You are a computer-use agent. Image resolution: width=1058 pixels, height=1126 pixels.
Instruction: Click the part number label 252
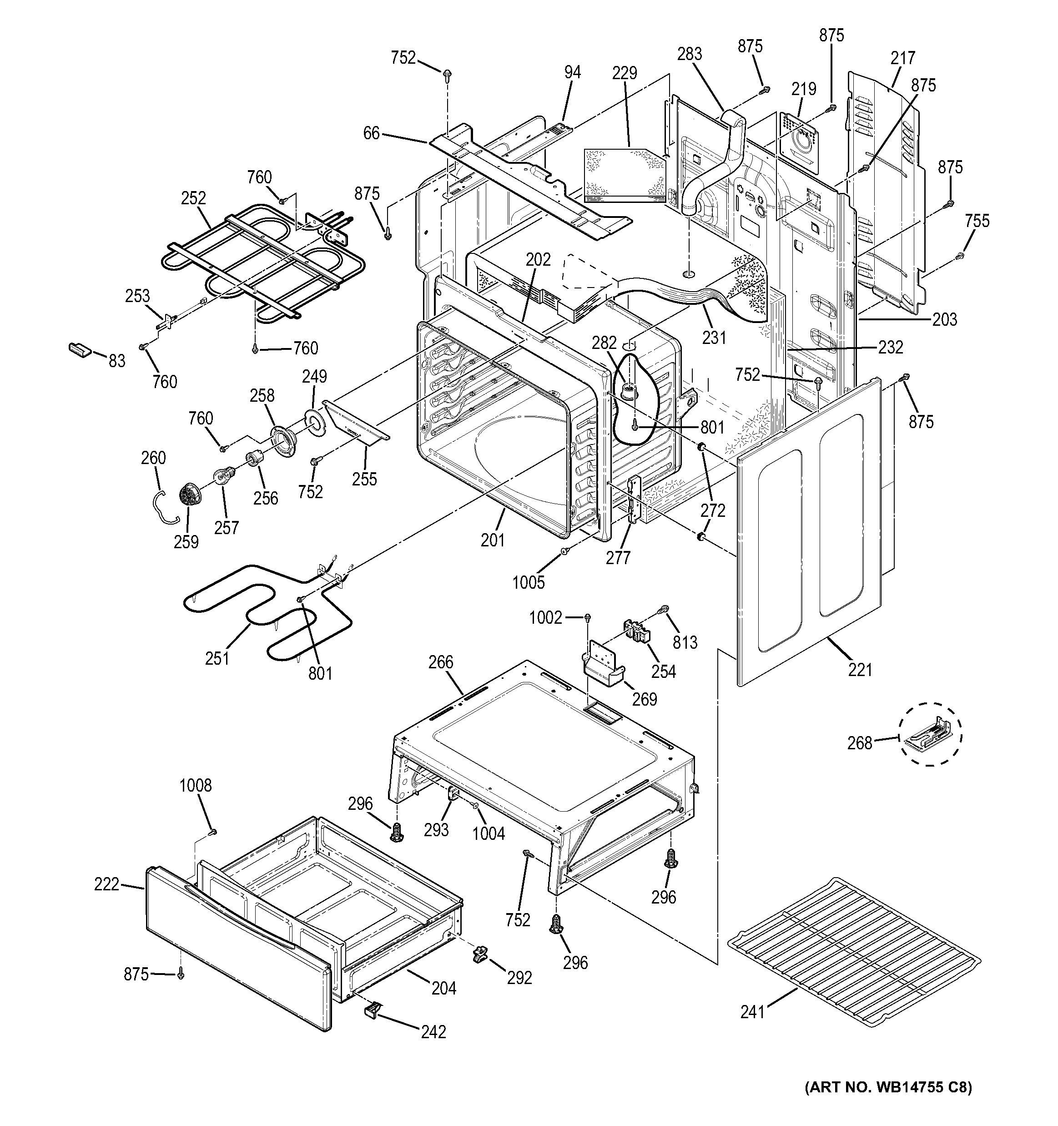point(193,198)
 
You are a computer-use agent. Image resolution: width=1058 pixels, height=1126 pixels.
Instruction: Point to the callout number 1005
point(528,582)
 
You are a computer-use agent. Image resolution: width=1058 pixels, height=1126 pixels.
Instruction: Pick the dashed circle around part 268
point(930,734)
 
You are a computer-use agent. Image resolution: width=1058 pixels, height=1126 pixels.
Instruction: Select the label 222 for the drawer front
point(106,884)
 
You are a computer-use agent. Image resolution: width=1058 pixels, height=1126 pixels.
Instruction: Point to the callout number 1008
point(196,785)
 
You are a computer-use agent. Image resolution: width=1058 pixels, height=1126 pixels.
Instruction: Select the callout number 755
point(977,221)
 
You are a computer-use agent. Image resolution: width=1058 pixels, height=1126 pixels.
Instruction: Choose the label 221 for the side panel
point(860,670)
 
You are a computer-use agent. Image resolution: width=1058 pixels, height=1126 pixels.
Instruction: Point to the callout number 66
point(371,134)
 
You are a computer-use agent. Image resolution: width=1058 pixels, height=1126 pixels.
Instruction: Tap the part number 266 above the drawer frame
point(441,661)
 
